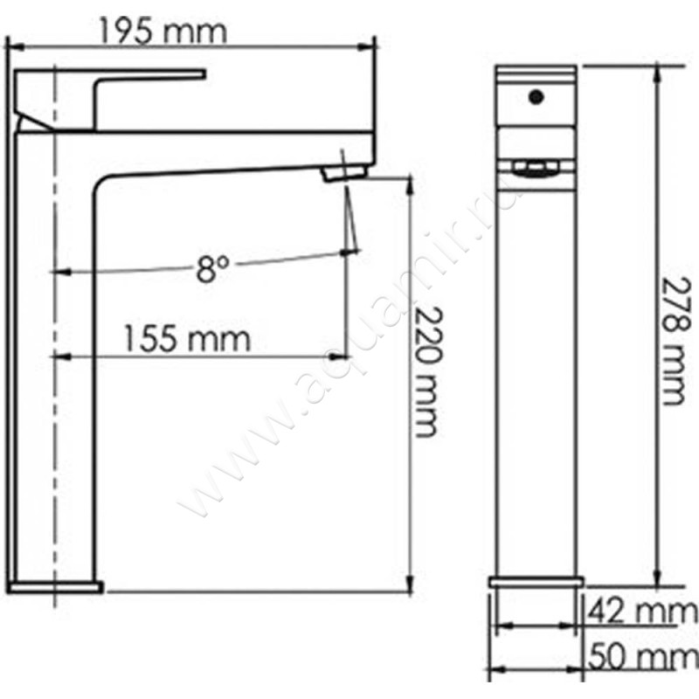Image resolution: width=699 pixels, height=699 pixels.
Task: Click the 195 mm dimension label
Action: tap(163, 31)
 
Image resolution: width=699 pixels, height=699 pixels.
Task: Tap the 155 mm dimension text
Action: tap(186, 339)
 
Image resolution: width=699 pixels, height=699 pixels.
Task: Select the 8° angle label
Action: tap(212, 269)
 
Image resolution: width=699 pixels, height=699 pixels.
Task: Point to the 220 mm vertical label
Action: tap(429, 372)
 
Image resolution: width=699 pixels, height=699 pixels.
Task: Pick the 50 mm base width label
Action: tap(642, 657)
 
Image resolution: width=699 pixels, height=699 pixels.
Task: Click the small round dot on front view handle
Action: tap(536, 97)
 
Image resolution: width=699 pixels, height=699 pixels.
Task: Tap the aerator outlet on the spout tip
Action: tap(345, 172)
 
